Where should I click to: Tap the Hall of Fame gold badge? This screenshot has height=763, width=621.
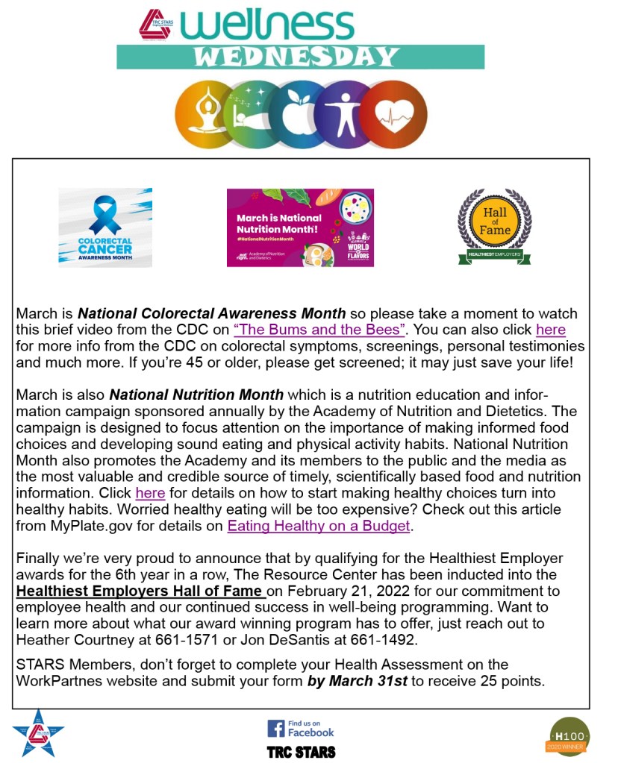tap(494, 222)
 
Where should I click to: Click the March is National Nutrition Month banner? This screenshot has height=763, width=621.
tap(300, 227)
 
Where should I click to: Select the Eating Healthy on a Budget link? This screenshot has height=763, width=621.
tap(319, 525)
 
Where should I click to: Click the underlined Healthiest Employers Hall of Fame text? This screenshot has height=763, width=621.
tap(140, 591)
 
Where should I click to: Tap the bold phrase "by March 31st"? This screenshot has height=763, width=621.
tap(357, 680)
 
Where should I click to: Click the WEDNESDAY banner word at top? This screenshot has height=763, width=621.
tap(300, 57)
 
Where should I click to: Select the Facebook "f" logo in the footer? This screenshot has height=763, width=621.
tap(276, 728)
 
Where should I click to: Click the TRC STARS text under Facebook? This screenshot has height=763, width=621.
tap(301, 751)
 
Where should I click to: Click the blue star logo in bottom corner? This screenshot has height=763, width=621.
tap(38, 732)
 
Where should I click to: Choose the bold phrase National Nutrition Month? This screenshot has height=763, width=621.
tap(196, 395)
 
